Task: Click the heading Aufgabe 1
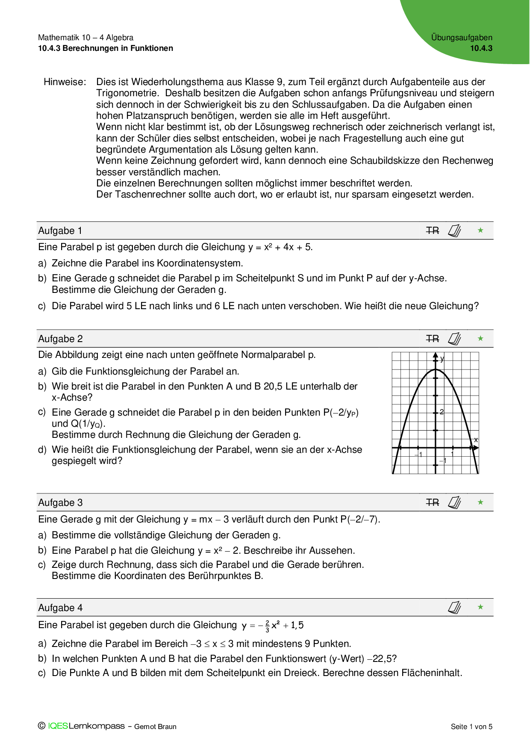tap(60, 231)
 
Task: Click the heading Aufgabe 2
tap(60, 339)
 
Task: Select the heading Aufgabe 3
tap(60, 503)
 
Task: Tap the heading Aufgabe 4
tap(60, 608)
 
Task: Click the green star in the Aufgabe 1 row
tap(480, 230)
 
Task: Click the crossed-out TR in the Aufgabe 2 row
tap(433, 339)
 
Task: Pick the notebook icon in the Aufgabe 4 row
tap(454, 608)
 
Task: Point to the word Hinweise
tap(65, 82)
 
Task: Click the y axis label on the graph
tap(442, 359)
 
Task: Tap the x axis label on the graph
tap(476, 440)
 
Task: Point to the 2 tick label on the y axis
tap(442, 412)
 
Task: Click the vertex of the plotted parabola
tap(436, 369)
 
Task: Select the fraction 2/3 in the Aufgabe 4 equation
tap(267, 627)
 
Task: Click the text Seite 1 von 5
tap(471, 726)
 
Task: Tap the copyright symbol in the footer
tap(41, 726)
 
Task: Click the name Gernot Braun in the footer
tap(155, 726)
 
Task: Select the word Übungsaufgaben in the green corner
tap(462, 38)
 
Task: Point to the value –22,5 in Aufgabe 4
tap(378, 659)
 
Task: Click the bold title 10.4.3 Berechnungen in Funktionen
tap(106, 48)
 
